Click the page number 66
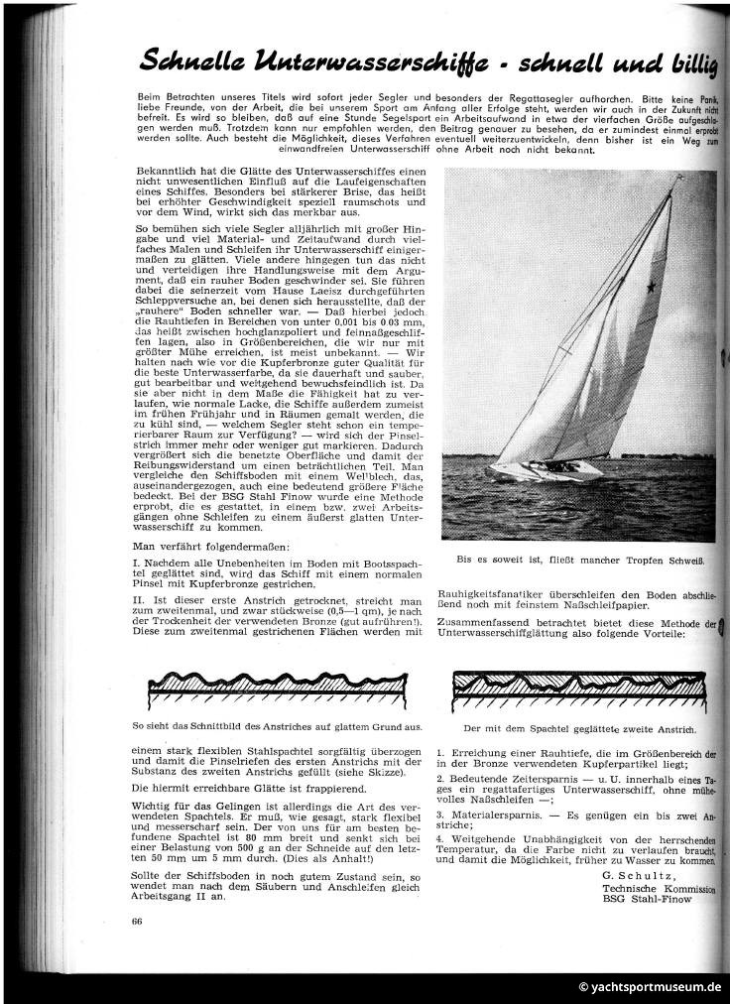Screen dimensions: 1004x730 pyautogui.click(x=136, y=922)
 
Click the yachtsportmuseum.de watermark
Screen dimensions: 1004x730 pyautogui.click(x=651, y=987)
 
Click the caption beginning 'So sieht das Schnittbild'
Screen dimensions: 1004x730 pyautogui.click(x=278, y=728)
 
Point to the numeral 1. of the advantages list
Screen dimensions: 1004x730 pyautogui.click(x=440, y=756)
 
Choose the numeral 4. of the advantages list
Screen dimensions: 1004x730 pyautogui.click(x=440, y=839)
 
